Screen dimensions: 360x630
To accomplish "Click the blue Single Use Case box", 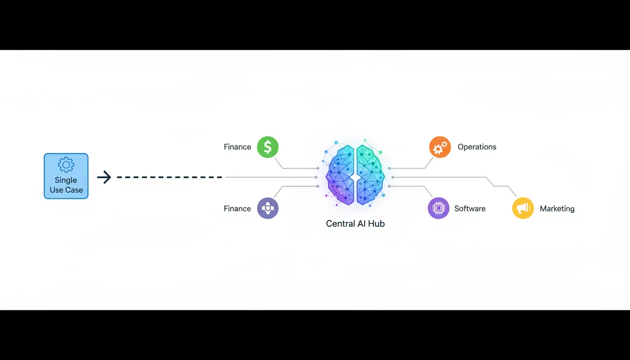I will (66, 176).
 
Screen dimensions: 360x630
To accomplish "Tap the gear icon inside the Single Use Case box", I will (66, 165).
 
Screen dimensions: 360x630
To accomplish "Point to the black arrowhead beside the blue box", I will (105, 177).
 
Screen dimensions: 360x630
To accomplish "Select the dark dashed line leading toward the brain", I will (169, 177).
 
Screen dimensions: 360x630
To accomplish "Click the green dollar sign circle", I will (268, 147).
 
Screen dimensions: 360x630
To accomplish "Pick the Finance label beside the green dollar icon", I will (237, 147).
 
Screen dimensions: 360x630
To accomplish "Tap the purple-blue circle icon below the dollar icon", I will (268, 208).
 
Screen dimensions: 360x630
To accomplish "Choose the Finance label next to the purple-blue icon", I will (237, 209).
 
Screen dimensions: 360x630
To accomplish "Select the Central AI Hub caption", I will (355, 224).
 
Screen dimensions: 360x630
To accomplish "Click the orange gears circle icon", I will (440, 147).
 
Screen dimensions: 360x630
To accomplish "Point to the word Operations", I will (477, 147).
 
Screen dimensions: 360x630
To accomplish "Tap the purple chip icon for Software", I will (438, 208).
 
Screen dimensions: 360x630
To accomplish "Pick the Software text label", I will (470, 209).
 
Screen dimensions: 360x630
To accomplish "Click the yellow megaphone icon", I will (523, 208).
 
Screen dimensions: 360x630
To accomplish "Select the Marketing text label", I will (557, 209).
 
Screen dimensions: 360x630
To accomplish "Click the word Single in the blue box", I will (66, 180).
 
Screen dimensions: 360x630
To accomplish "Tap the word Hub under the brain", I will (376, 224).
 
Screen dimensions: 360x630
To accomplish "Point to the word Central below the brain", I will (340, 224).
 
